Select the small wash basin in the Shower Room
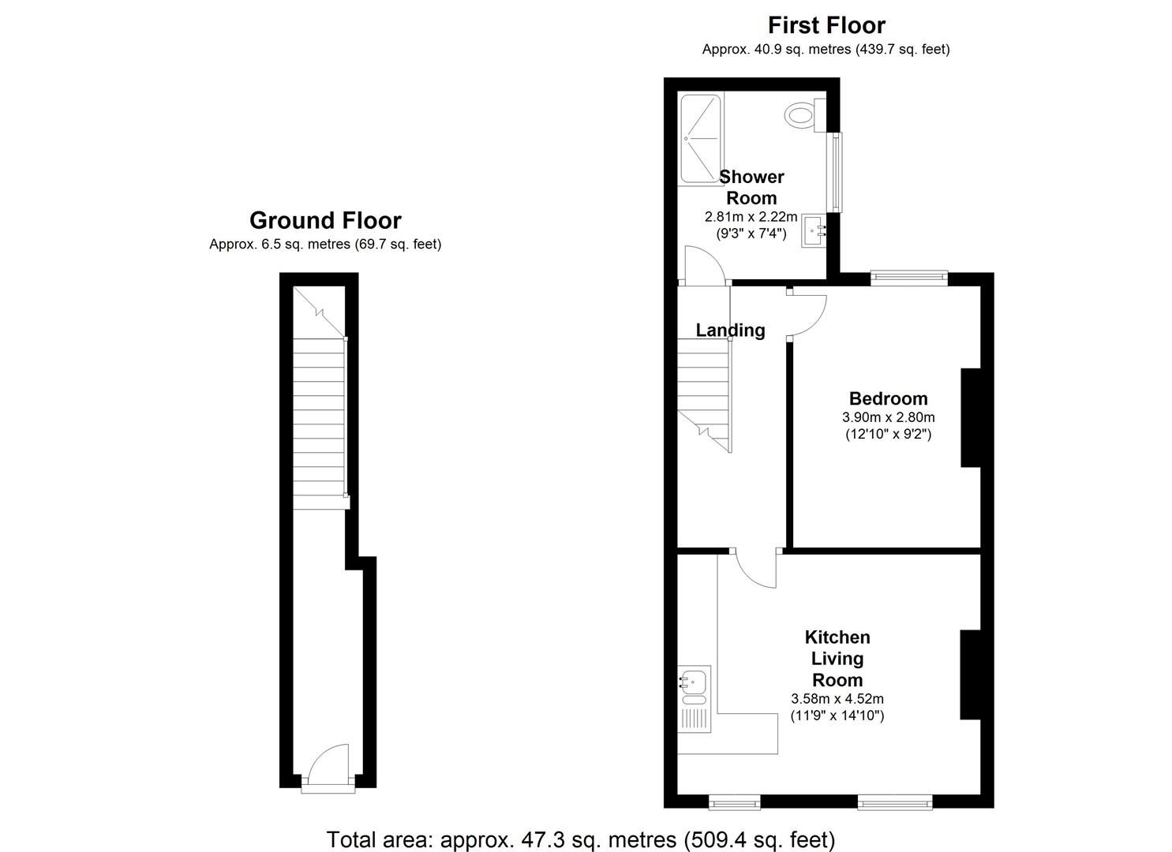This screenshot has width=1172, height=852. (x=814, y=230)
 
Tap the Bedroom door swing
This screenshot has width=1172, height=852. (x=807, y=313)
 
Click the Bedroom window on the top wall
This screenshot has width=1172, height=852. (x=909, y=278)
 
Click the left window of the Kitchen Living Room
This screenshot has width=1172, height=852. (x=735, y=802)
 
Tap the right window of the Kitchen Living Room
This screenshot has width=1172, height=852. (x=895, y=802)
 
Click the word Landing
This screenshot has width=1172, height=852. (x=730, y=330)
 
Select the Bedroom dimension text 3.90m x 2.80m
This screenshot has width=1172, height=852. (x=889, y=417)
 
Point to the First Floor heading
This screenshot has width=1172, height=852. (x=826, y=25)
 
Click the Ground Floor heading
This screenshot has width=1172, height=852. (x=325, y=220)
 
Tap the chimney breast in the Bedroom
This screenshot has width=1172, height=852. (x=971, y=417)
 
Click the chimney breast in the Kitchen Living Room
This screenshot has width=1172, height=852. (x=971, y=674)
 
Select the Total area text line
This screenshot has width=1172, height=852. (x=581, y=839)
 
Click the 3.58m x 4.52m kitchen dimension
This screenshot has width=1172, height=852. (x=837, y=698)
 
